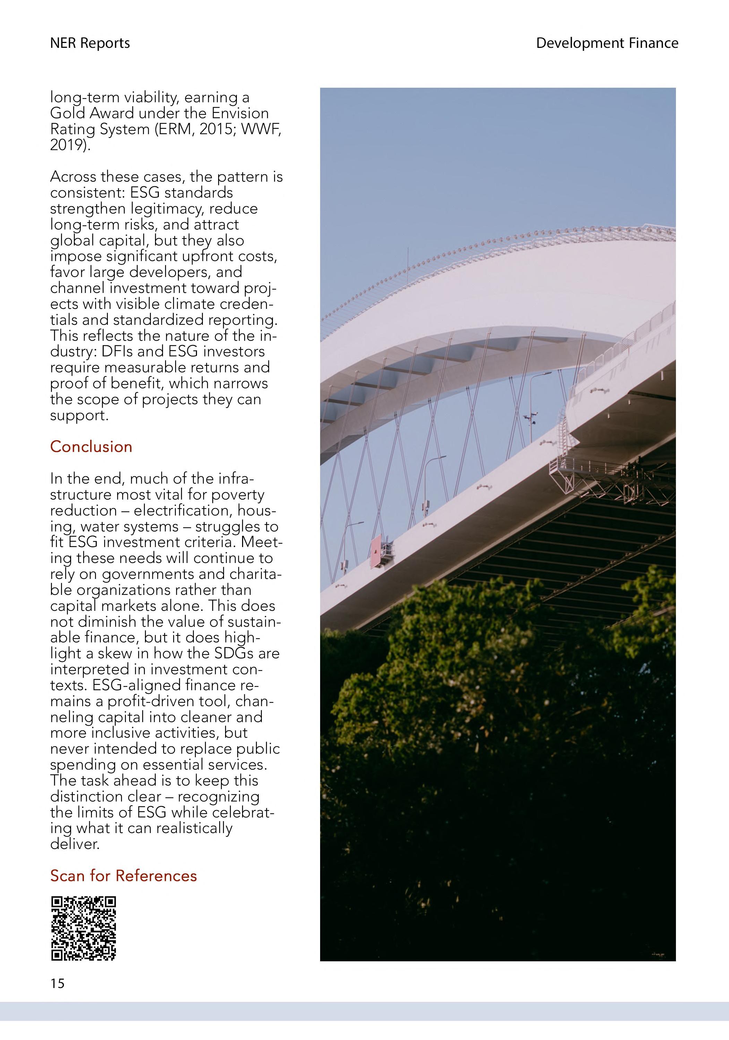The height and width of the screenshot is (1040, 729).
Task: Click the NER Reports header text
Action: point(90,43)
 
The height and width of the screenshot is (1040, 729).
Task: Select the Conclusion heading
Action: point(91,447)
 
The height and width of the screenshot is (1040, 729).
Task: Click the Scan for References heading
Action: point(123,876)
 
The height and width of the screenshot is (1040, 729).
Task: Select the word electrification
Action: point(187,511)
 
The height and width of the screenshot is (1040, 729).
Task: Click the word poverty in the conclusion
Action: point(238,495)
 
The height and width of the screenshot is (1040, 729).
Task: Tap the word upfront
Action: point(210,257)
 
